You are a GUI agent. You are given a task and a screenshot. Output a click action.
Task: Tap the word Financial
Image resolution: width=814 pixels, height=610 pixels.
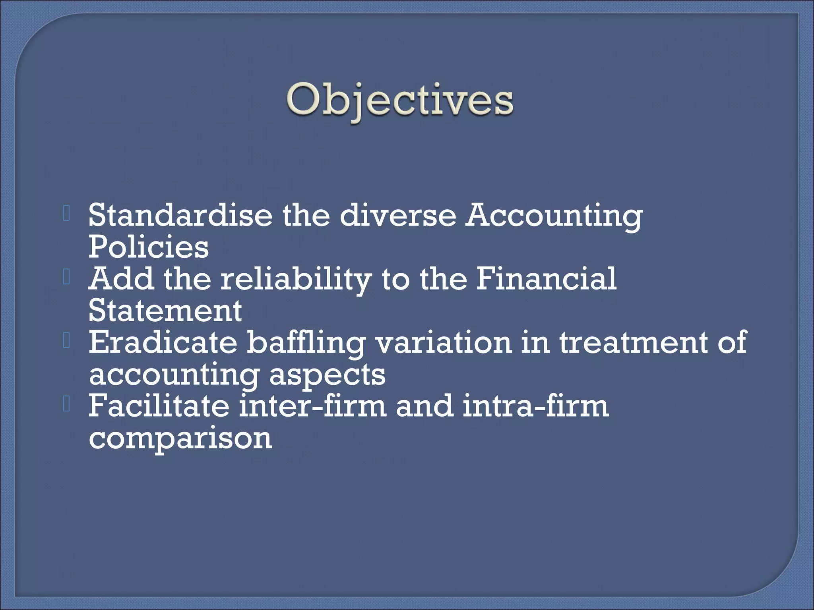click(x=546, y=278)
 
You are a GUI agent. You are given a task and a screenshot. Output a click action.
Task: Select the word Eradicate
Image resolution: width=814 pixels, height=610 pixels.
click(x=163, y=342)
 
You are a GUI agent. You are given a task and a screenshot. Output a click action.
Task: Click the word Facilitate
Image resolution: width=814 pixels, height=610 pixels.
click(x=159, y=405)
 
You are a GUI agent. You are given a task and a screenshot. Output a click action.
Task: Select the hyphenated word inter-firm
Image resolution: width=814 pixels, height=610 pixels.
click(x=313, y=405)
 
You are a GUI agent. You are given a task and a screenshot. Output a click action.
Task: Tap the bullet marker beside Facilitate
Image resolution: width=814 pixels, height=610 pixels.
click(x=66, y=405)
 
